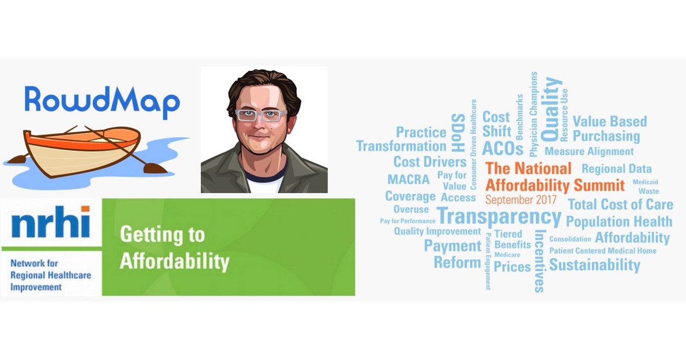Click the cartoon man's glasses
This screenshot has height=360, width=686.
261,115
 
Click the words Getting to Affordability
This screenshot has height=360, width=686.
174,248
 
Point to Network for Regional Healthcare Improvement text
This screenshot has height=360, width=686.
50,275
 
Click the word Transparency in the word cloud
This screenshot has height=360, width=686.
499,217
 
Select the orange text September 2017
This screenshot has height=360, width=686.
521,200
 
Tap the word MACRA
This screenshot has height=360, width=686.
409,179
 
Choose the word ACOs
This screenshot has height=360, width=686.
502,148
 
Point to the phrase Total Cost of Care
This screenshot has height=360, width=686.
620,204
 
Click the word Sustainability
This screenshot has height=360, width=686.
595,265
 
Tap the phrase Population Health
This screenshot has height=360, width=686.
619,222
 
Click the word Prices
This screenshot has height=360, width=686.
512,267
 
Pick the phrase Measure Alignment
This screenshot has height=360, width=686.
589,151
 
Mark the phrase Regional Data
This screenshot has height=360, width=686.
616,169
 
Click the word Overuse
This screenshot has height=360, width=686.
411,209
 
